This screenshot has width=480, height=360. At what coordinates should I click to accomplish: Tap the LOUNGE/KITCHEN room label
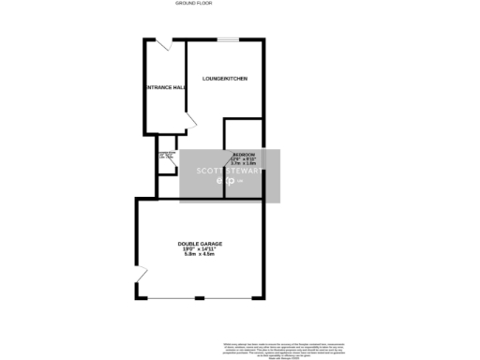pyautogui.click(x=225, y=91)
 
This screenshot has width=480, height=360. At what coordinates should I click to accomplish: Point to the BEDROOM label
pyautogui.click(x=244, y=153)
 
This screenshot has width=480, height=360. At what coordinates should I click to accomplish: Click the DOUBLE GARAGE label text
pyautogui.click(x=201, y=243)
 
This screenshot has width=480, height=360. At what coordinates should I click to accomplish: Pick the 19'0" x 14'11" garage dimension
pyautogui.click(x=201, y=248)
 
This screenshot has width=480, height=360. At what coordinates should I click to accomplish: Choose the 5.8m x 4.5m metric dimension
pyautogui.click(x=201, y=254)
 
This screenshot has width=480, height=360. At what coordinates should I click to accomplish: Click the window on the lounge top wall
pyautogui.click(x=228, y=40)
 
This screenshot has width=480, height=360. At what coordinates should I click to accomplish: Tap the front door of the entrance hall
pyautogui.click(x=161, y=44)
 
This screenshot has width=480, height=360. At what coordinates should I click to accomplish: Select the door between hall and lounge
pyautogui.click(x=191, y=121)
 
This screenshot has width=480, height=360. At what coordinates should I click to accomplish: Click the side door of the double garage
pyautogui.click(x=141, y=277)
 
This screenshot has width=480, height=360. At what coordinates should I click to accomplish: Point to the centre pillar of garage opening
pyautogui.click(x=199, y=298)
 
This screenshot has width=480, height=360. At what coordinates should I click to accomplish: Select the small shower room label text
pyautogui.click(x=168, y=155)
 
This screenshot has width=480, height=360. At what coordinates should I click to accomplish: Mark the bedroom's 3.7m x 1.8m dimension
pyautogui.click(x=244, y=163)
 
